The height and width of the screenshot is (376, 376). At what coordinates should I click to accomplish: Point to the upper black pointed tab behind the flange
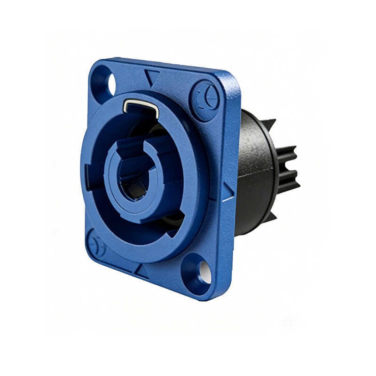click(x=269, y=124)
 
